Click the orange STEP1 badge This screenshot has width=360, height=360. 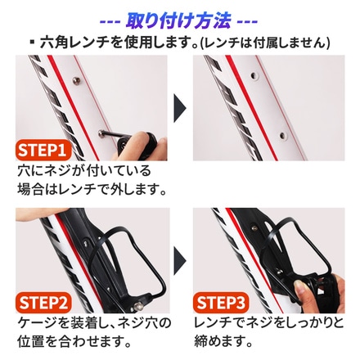pyautogui.click(x=43, y=150)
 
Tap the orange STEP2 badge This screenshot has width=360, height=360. pyautogui.click(x=43, y=303)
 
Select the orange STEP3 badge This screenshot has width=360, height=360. pyautogui.click(x=221, y=303)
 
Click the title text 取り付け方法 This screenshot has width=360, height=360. pyautogui.click(x=178, y=20)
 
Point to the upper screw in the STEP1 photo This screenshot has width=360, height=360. pyautogui.click(x=77, y=81)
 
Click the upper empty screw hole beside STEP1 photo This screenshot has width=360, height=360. pyautogui.click(x=254, y=75)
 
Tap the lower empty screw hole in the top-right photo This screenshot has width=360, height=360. pyautogui.click(x=283, y=135)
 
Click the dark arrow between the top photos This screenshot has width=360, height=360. pyautogui.click(x=179, y=108)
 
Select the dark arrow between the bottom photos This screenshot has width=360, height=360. pyautogui.click(x=179, y=261)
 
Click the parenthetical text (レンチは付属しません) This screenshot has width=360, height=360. pyautogui.click(x=264, y=43)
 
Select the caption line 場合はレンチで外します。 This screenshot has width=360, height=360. pyautogui.click(x=92, y=189)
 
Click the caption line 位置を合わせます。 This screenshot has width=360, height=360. pyautogui.click(x=74, y=341)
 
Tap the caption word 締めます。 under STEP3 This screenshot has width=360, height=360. pyautogui.click(x=223, y=341)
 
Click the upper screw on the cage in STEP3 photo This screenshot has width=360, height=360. pyautogui.click(x=254, y=227)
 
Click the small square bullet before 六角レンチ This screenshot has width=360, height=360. pyautogui.click(x=33, y=43)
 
